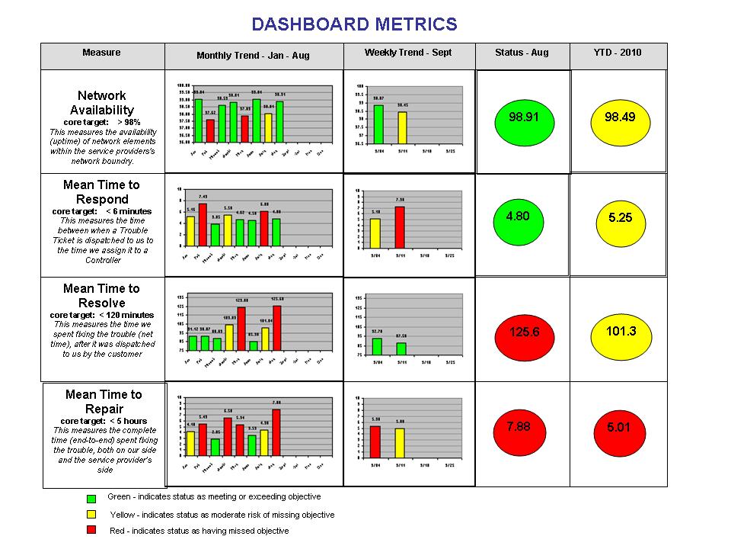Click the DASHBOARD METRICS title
click(x=354, y=24)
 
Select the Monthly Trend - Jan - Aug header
click(x=253, y=56)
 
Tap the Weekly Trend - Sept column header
click(x=408, y=53)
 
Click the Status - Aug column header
click(x=522, y=53)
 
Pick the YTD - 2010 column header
click(x=618, y=53)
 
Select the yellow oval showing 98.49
click(x=619, y=118)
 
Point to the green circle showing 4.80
click(x=518, y=217)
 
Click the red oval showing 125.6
click(x=524, y=333)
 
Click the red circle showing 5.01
click(x=619, y=429)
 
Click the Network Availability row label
click(x=102, y=104)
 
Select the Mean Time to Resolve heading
click(x=102, y=296)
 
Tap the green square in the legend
click(x=91, y=498)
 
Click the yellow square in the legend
click(x=91, y=515)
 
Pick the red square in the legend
click(x=91, y=531)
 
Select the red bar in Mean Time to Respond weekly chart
click(x=400, y=229)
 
